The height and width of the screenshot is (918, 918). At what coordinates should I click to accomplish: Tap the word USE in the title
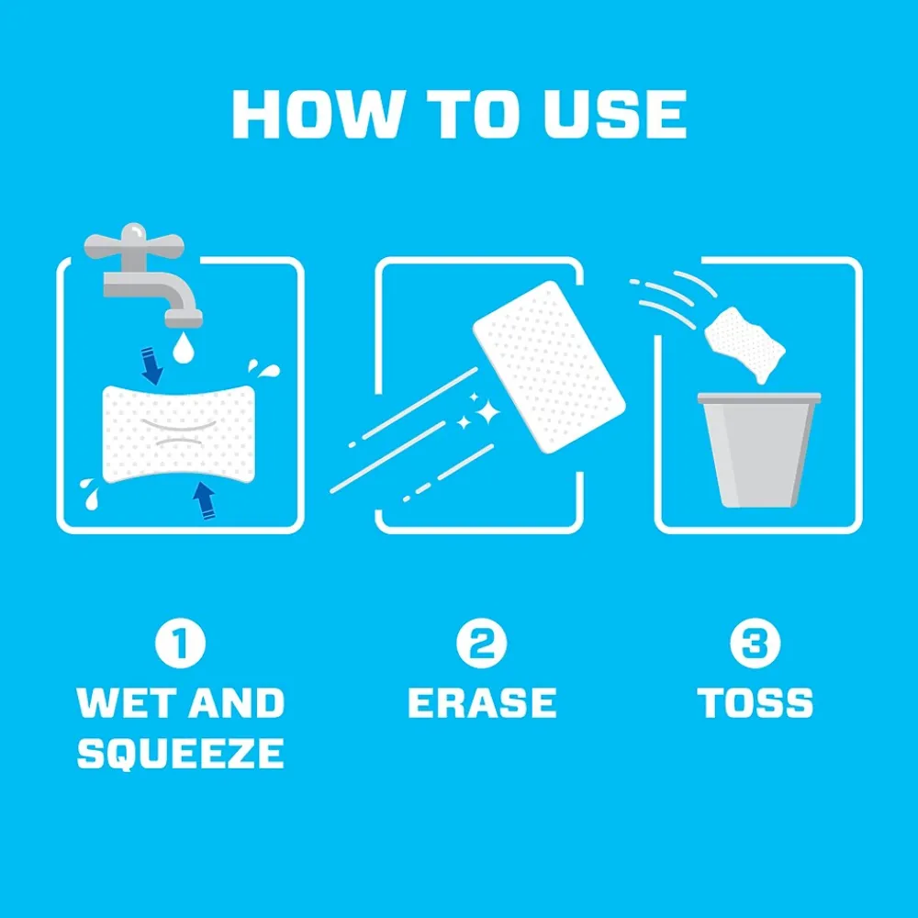point(615,114)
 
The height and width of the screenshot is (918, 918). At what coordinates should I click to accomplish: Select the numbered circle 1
point(180,643)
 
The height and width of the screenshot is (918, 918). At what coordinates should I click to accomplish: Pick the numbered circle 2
point(482,643)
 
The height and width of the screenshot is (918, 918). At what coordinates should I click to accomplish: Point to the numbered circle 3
point(756,643)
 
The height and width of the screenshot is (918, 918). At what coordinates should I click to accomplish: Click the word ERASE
point(482,702)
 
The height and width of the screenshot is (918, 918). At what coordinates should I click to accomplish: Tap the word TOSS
point(756,702)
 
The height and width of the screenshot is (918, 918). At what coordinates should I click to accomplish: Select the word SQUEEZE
point(180,753)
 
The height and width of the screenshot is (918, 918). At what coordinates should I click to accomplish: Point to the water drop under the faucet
point(184,348)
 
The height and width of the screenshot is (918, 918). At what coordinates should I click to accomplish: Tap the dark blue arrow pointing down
point(151,367)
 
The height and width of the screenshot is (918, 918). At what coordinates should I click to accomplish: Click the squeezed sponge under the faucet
point(179,434)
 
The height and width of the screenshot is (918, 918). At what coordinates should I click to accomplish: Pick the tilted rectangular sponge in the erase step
point(549,367)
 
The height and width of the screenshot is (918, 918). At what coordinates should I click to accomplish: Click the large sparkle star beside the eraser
point(487,411)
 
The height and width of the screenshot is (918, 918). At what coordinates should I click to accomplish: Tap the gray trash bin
point(759,450)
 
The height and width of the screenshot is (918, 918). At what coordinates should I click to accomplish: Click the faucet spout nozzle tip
point(184,319)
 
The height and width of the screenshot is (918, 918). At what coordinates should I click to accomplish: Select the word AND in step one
point(237,702)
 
